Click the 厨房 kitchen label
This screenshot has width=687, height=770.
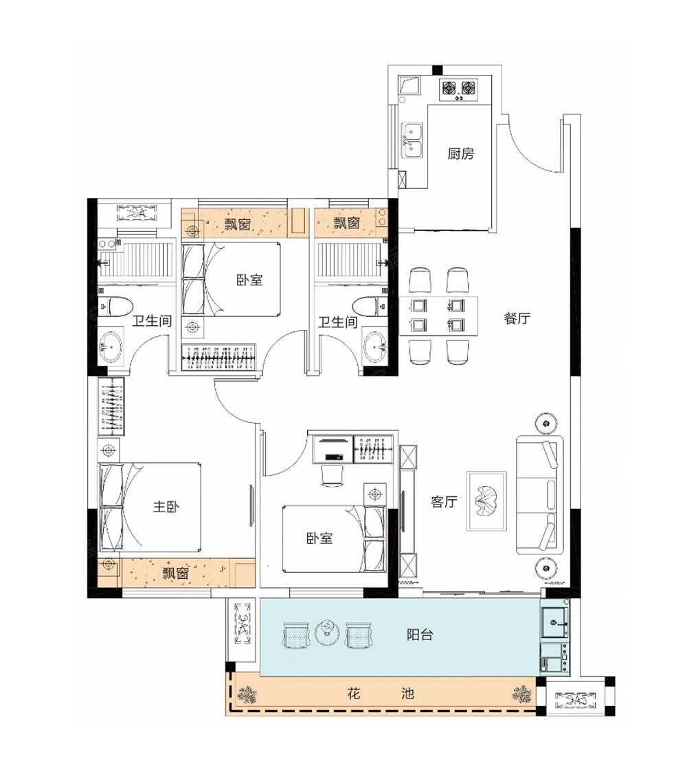pyautogui.click(x=460, y=154)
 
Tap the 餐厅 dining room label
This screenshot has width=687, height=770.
pyautogui.click(x=517, y=318)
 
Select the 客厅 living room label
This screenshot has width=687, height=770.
pyautogui.click(x=444, y=501)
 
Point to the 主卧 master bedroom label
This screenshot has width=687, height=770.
pyautogui.click(x=166, y=506)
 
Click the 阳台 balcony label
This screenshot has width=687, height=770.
pyautogui.click(x=420, y=635)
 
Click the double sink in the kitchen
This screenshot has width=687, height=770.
pyautogui.click(x=412, y=140)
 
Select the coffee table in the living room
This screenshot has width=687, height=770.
pyautogui.click(x=486, y=501)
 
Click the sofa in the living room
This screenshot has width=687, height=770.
pyautogui.click(x=539, y=494)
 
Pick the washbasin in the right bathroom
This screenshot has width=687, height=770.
pyautogui.click(x=375, y=346)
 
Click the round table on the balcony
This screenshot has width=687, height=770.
pyautogui.click(x=327, y=632)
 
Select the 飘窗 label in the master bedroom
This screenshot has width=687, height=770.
pyautogui.click(x=175, y=573)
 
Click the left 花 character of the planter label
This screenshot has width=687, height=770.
pyautogui.click(x=354, y=694)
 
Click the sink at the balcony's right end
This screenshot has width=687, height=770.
pyautogui.click(x=554, y=621)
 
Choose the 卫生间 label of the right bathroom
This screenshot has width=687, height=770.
pyautogui.click(x=337, y=322)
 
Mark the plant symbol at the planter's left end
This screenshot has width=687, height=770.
pyautogui.click(x=247, y=694)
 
